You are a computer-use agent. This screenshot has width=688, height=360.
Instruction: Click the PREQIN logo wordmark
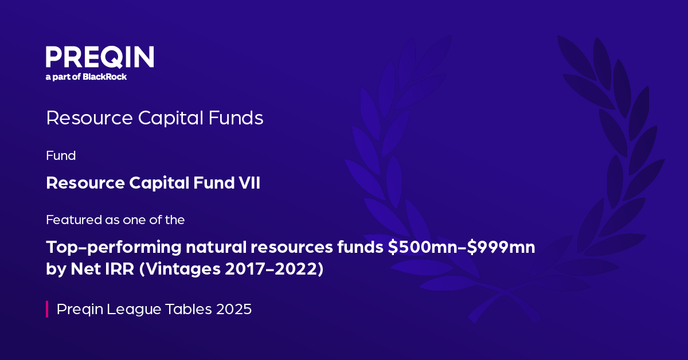(x=100, y=57)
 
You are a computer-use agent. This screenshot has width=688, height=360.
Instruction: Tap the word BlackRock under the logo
(x=104, y=76)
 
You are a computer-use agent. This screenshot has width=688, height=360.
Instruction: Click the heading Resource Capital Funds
(x=154, y=118)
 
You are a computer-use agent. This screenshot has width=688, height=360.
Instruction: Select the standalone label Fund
(x=61, y=155)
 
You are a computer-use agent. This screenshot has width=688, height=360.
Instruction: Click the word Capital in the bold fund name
(x=159, y=183)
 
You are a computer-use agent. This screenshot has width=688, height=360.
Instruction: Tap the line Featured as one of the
(x=115, y=220)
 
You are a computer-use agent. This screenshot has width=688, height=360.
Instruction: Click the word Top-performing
(x=114, y=248)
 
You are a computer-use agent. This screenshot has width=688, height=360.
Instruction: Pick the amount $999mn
(x=501, y=247)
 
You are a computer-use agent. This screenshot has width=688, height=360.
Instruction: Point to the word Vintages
(x=183, y=269)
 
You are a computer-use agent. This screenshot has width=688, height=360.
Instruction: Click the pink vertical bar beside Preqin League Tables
(x=47, y=309)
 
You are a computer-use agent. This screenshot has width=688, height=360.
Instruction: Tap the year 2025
(x=234, y=309)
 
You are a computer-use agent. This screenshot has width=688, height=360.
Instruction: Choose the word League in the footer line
(x=134, y=310)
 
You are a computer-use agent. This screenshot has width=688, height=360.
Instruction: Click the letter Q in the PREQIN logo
(x=114, y=57)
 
